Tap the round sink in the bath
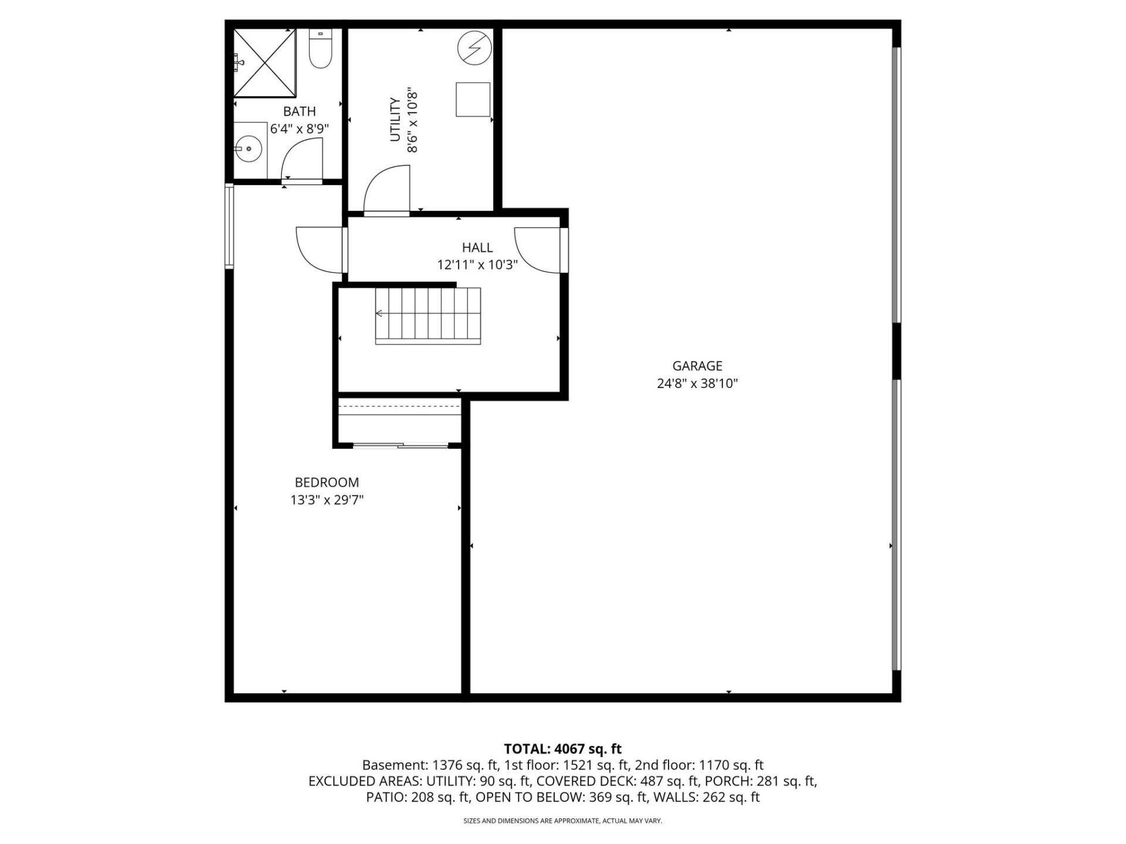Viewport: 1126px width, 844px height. [249, 149]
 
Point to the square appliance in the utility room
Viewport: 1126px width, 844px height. [473, 100]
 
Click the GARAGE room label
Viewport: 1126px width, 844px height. [697, 366]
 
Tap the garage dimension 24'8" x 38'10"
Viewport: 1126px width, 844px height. [697, 384]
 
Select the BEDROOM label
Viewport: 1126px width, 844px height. [327, 482]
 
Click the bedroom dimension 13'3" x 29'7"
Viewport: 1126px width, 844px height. [327, 500]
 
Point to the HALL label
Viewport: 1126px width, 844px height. [477, 247]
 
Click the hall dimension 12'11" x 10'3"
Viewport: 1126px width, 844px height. [477, 265]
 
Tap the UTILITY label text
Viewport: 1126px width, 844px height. [395, 120]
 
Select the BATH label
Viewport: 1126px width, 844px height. [300, 111]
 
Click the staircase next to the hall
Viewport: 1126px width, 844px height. [428, 315]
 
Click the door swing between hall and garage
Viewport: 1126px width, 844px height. [536, 250]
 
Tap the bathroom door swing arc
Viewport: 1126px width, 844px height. [302, 159]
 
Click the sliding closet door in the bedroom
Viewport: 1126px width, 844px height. [401, 446]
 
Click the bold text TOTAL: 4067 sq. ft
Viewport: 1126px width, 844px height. [563, 748]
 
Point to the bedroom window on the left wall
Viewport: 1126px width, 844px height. [230, 226]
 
